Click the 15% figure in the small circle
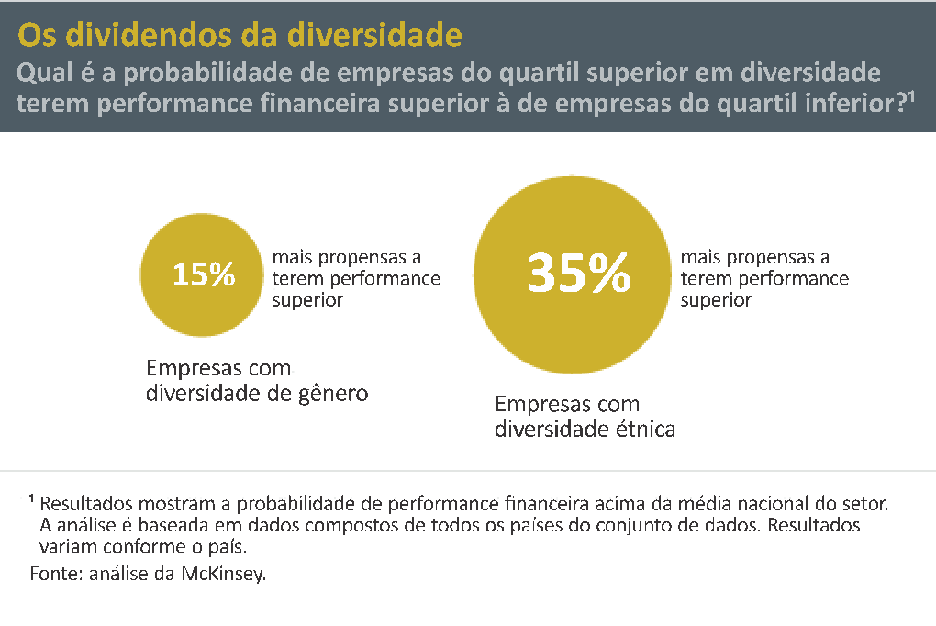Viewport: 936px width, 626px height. coord(204,274)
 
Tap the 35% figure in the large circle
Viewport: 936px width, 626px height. coord(579,274)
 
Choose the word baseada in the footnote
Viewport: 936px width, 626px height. coord(177,526)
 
